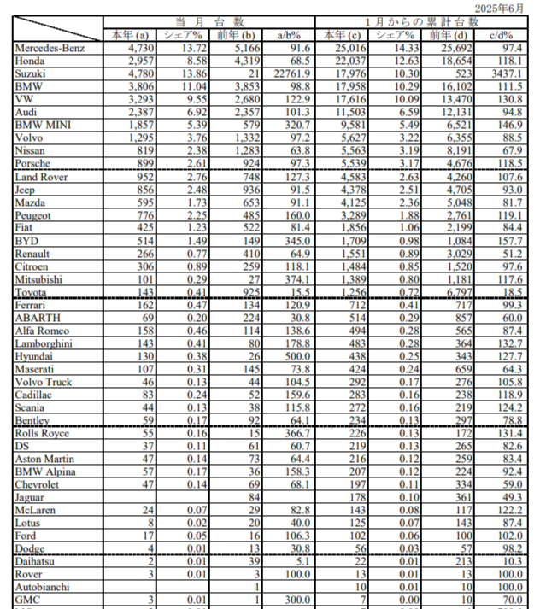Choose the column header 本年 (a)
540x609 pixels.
[x=131, y=36]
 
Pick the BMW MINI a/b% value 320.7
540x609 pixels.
[x=296, y=125]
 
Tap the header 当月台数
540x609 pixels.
[x=208, y=21]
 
